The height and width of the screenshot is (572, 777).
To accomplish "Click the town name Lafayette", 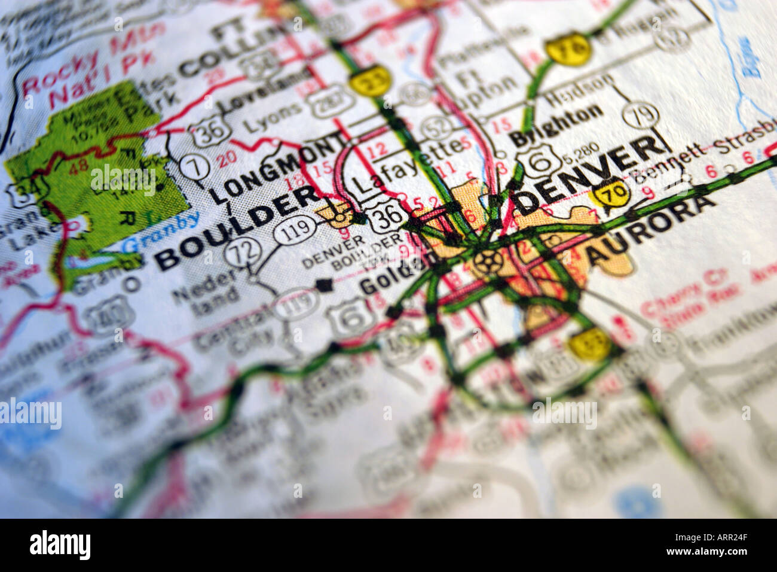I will pyautogui.click(x=407, y=165).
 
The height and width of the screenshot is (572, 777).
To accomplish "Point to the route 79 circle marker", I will pyautogui.click(x=640, y=115).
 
